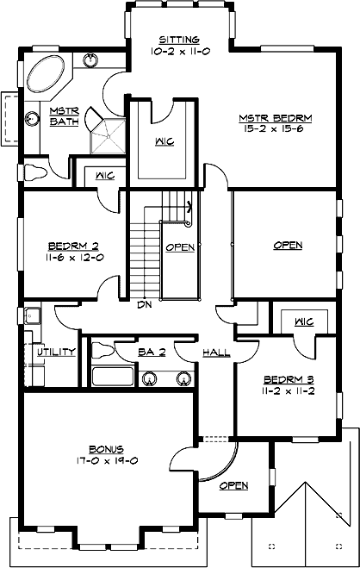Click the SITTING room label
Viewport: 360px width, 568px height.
tap(179, 40)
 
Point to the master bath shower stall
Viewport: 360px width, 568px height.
tap(109, 134)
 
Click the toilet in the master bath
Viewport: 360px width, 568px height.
tap(34, 171)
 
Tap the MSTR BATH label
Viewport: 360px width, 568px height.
tap(64, 116)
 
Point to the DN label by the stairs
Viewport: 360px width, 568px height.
tap(145, 303)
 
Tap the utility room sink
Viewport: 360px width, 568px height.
tap(32, 315)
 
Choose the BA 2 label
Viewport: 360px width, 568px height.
tap(152, 352)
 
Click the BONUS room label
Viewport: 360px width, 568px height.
tap(107, 449)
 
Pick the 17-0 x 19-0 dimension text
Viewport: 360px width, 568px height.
tap(107, 460)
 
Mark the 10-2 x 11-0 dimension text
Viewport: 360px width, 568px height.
tap(179, 52)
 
